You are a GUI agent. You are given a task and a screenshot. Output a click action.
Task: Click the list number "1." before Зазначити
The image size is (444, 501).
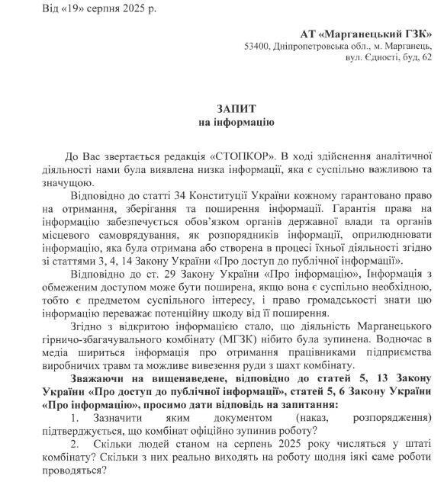pos(75,418)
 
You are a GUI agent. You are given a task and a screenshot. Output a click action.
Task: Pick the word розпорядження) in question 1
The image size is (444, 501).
pos(389,418)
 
